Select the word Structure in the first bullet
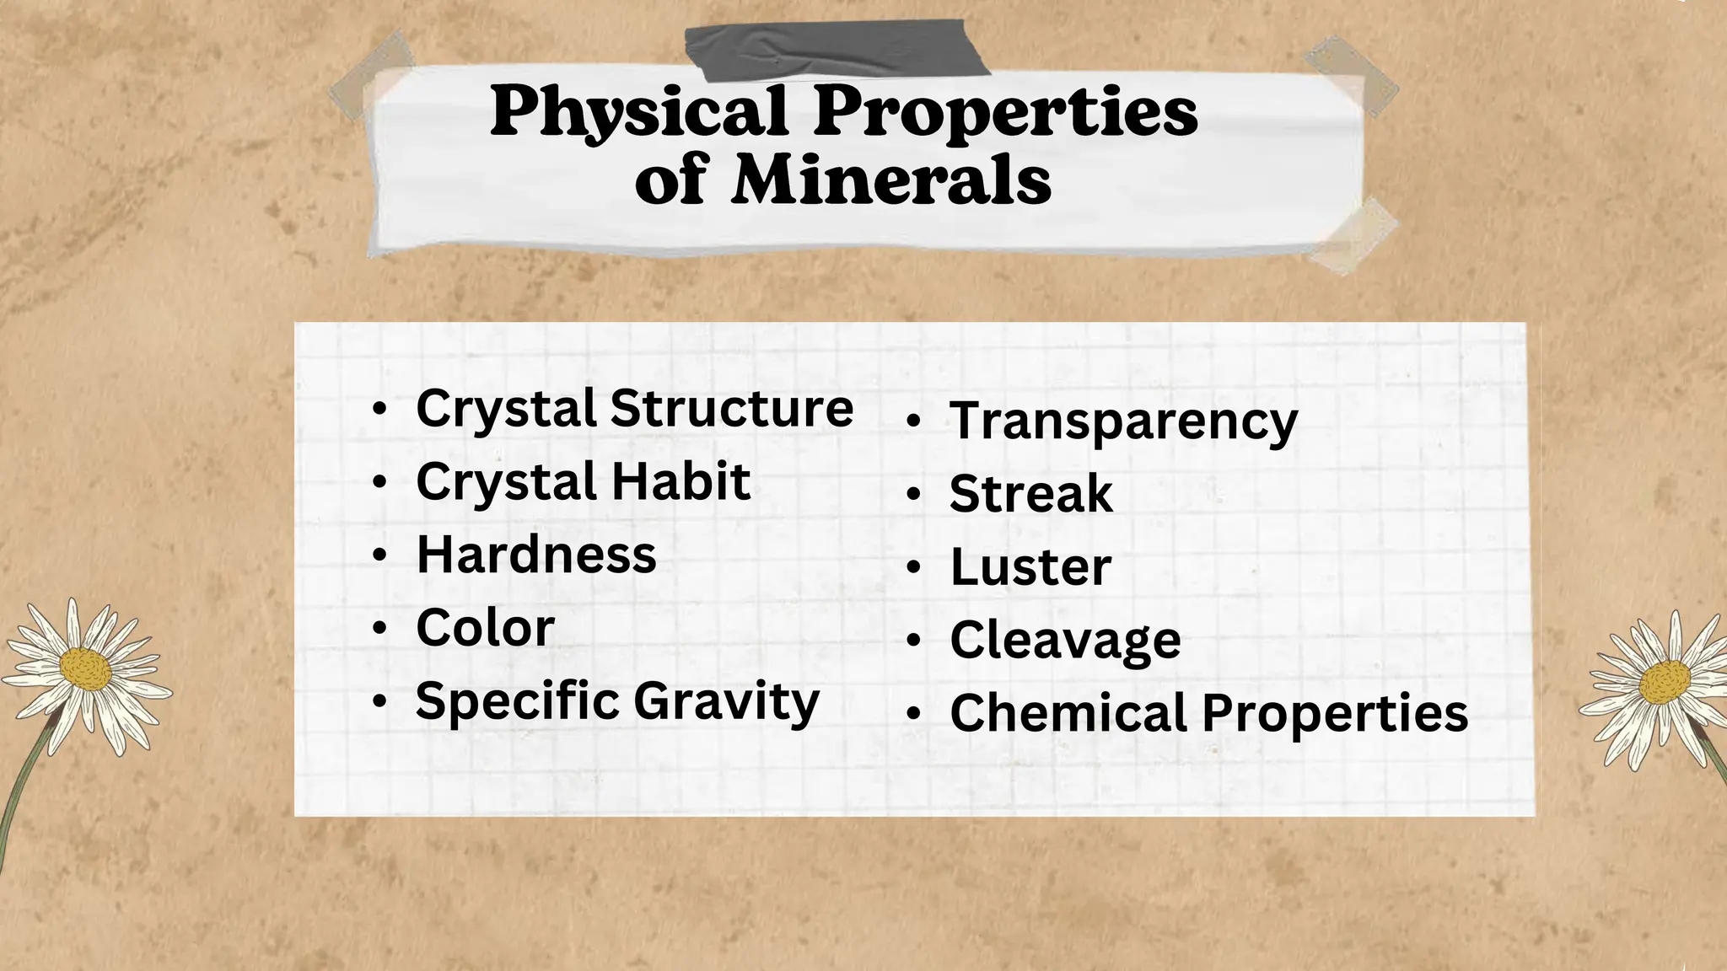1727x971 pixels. (731, 409)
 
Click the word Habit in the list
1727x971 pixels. (681, 482)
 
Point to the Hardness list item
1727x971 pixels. (536, 555)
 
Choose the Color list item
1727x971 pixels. (485, 629)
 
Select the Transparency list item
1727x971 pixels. (1123, 421)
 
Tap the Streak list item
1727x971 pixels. (1030, 494)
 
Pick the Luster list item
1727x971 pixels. (1030, 567)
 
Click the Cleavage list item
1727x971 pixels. (1065, 641)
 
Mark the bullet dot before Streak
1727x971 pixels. (913, 495)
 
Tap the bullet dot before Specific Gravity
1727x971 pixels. (379, 701)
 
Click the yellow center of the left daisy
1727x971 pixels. (85, 669)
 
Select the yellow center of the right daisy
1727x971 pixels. (1665, 681)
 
